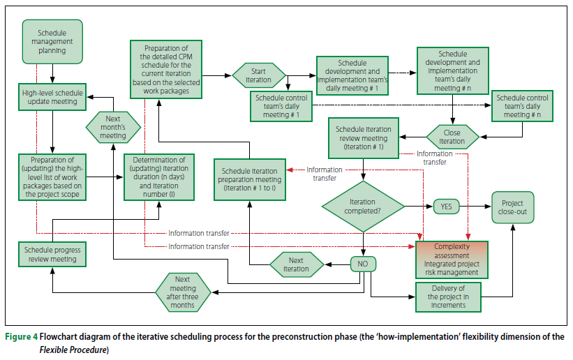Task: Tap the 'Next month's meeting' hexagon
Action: tap(113, 126)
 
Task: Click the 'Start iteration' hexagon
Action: tap(259, 75)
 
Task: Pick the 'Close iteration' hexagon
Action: tap(452, 135)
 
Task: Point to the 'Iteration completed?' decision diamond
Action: tap(363, 206)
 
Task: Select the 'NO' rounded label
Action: tap(363, 264)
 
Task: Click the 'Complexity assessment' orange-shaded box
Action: tap(452, 259)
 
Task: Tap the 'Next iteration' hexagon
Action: tap(296, 264)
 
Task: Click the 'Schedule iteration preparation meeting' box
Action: tap(251, 179)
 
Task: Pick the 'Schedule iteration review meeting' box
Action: tap(363, 137)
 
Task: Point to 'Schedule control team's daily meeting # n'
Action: tap(523, 105)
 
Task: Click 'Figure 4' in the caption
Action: tap(22, 337)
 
